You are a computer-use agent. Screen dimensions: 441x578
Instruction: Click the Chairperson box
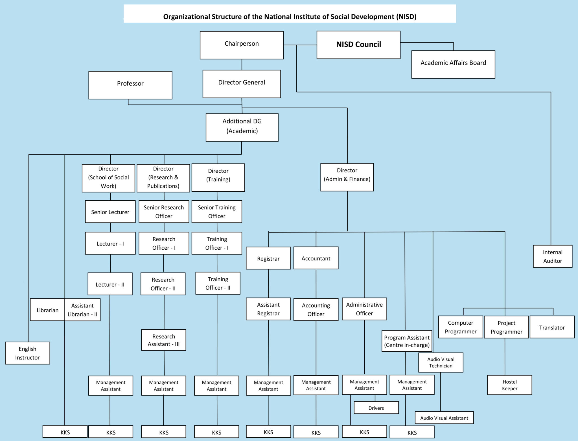click(x=242, y=45)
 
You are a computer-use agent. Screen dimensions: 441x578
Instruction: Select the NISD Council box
click(x=358, y=45)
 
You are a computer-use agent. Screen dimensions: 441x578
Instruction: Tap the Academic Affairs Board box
click(x=453, y=64)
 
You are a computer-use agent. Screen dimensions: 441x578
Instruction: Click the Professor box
click(x=130, y=85)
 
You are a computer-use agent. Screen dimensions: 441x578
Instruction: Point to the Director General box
click(x=242, y=84)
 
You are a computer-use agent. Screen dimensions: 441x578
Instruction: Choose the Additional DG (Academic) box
click(x=242, y=127)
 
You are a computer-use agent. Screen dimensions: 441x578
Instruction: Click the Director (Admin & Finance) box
click(x=347, y=177)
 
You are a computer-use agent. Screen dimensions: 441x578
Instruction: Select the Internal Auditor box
click(x=552, y=256)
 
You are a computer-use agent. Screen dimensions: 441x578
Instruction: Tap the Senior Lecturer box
click(x=110, y=212)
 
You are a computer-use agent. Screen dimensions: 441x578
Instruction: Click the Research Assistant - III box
click(x=163, y=340)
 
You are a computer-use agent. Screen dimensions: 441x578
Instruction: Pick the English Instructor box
click(x=27, y=353)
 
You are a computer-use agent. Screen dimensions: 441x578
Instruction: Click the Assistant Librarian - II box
click(x=82, y=310)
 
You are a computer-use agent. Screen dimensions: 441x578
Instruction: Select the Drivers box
click(x=376, y=407)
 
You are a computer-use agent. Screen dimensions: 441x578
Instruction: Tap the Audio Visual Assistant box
click(x=444, y=417)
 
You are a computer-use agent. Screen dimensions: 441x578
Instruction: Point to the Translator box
click(x=552, y=327)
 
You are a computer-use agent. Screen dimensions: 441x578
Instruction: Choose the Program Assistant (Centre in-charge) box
click(x=406, y=341)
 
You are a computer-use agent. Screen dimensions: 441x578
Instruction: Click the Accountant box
click(x=316, y=258)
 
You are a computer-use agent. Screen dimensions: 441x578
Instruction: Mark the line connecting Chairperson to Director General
click(x=242, y=65)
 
